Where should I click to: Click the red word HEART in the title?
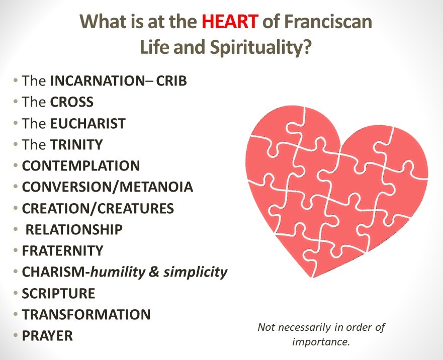(x=230, y=22)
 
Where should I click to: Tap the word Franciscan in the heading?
(x=327, y=22)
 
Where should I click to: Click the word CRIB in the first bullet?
(x=171, y=81)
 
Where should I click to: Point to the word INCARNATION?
(x=98, y=81)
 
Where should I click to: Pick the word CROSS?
(x=72, y=102)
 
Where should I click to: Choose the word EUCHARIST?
(x=88, y=124)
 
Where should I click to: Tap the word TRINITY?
(x=76, y=145)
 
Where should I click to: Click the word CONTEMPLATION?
(x=81, y=166)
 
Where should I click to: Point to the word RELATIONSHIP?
(x=74, y=229)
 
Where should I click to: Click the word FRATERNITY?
(x=63, y=251)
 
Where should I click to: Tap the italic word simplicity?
(x=196, y=273)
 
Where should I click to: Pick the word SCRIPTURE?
(x=58, y=293)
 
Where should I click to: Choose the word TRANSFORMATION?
(x=86, y=315)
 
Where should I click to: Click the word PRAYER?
(x=47, y=336)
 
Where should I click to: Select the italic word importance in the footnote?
(x=320, y=342)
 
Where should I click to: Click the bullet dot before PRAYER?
(x=16, y=336)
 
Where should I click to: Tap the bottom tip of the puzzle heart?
(x=313, y=278)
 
